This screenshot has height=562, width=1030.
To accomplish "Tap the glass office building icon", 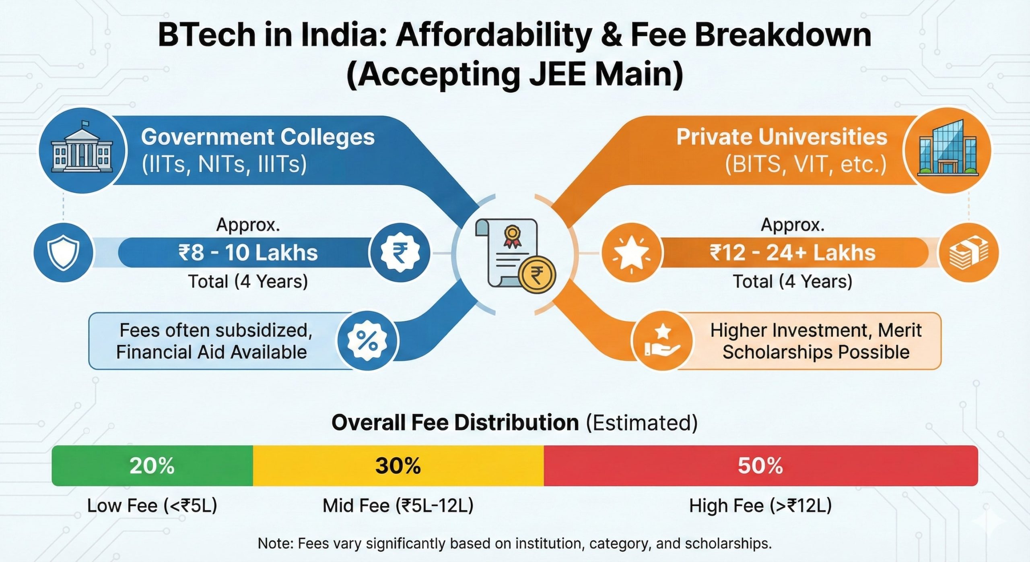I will click(x=947, y=149).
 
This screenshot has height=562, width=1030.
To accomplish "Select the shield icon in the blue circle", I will click(x=63, y=252).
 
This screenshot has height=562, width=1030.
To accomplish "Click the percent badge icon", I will click(x=367, y=341).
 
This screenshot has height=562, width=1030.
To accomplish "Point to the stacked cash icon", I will click(x=968, y=253).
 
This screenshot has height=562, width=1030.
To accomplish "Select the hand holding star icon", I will click(x=662, y=341).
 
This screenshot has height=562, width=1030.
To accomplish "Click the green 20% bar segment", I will click(x=152, y=465).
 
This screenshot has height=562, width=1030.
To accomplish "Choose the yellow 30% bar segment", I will click(x=398, y=465).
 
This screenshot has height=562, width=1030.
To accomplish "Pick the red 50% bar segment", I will click(x=760, y=465).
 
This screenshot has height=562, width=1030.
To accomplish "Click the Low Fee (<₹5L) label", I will click(x=152, y=506).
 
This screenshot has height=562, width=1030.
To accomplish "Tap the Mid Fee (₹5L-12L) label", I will click(x=398, y=506).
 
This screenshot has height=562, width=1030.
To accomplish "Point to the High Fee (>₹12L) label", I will click(x=760, y=506).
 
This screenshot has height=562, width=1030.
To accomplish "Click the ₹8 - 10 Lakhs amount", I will click(x=248, y=253).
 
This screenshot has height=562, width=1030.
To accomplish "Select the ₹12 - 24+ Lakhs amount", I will click(x=792, y=253).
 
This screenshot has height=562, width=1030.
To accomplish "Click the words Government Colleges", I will click(x=257, y=137).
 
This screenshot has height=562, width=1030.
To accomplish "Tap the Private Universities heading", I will click(x=781, y=137).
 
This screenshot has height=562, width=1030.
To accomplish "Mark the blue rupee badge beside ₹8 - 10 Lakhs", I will click(x=400, y=253).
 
